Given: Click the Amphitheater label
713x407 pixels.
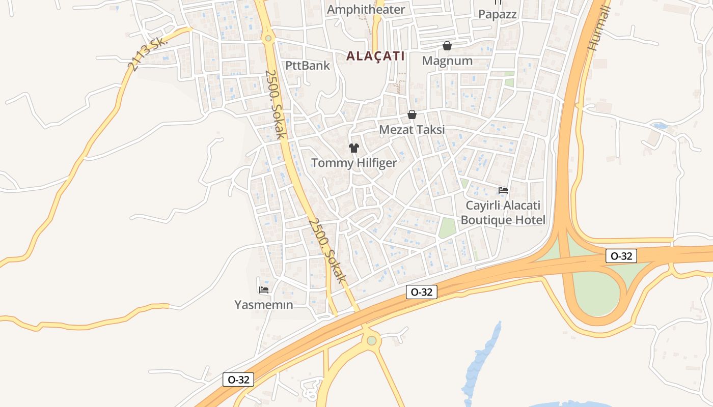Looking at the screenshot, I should pyautogui.click(x=366, y=9).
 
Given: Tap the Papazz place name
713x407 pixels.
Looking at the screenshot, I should pyautogui.click(x=497, y=14).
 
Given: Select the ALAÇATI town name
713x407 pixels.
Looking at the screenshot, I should pyautogui.click(x=375, y=56).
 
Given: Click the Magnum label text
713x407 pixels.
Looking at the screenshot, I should pyautogui.click(x=447, y=61).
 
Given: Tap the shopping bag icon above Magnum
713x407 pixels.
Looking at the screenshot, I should pyautogui.click(x=447, y=46).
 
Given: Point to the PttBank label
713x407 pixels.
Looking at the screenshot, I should pyautogui.click(x=307, y=65).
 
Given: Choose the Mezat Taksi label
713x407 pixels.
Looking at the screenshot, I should pyautogui.click(x=412, y=129).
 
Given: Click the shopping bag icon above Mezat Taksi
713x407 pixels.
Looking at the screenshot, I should pyautogui.click(x=412, y=114).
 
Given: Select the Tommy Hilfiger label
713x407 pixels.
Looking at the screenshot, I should pyautogui.click(x=353, y=163).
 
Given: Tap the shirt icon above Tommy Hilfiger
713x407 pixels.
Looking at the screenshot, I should pyautogui.click(x=353, y=148).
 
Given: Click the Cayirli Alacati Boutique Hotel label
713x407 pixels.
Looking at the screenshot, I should pyautogui.click(x=503, y=213).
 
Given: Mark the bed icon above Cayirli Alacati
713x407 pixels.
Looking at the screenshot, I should pyautogui.click(x=503, y=190).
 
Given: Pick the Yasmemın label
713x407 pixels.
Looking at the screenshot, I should pyautogui.click(x=263, y=305).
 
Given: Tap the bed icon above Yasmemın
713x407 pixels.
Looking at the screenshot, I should pyautogui.click(x=263, y=290).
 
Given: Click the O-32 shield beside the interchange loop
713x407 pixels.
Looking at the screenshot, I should pyautogui.click(x=621, y=256).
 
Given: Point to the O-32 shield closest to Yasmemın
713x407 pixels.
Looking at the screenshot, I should pyautogui.click(x=238, y=380).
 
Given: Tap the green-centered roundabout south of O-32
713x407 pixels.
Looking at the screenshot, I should pyautogui.click(x=372, y=340).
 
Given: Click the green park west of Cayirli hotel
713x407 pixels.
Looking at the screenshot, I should pyautogui.click(x=447, y=227).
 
